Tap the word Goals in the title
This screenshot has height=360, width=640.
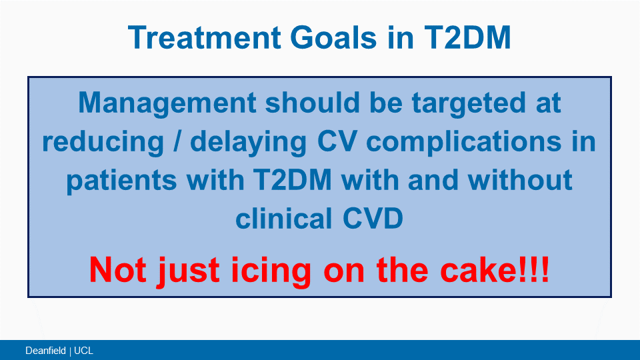tap(333, 37)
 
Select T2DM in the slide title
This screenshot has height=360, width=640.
tap(467, 37)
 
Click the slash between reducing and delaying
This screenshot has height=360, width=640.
tap(177, 141)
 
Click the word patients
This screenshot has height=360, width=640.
tap(121, 181)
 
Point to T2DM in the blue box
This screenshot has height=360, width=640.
tap(292, 180)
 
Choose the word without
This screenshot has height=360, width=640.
tap(520, 180)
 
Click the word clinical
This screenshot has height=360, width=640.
tap(284, 218)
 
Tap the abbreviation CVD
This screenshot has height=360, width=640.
tap(373, 219)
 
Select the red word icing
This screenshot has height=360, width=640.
tap(271, 271)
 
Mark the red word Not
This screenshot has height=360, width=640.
tap(117, 270)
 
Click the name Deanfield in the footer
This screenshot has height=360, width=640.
tap(45, 351)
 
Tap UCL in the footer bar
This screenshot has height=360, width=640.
tap(84, 351)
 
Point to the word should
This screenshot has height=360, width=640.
tap(312, 103)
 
